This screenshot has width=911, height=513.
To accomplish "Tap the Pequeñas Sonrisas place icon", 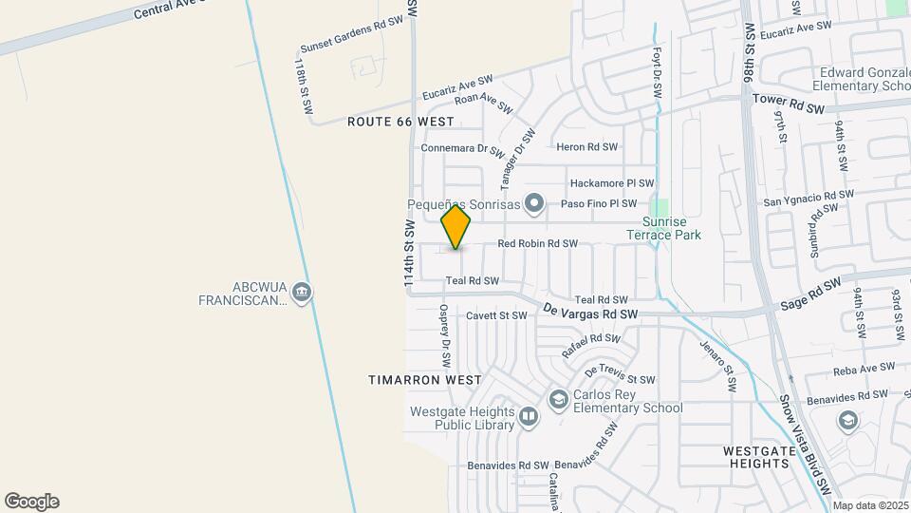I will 534,202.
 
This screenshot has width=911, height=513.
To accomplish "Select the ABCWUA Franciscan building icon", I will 302,291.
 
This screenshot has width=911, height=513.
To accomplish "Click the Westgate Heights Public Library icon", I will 529,414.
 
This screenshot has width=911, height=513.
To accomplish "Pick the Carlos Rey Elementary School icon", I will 559,401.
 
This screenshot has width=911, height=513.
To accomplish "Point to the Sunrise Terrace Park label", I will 663,228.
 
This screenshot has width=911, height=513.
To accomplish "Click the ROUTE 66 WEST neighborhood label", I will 400,122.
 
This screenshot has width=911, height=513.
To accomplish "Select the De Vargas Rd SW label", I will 590,312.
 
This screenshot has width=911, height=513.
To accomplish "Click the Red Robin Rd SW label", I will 537,244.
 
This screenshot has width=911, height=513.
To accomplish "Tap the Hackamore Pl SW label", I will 612,183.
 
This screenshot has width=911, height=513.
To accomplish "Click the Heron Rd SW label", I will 586,147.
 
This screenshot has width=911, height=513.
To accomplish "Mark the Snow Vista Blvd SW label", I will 803,445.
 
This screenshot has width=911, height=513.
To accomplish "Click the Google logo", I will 31,502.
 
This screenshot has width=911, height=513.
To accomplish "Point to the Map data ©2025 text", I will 870,505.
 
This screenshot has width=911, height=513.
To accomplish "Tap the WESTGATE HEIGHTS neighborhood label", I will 756,456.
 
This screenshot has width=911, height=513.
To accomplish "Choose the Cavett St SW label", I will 496,315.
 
